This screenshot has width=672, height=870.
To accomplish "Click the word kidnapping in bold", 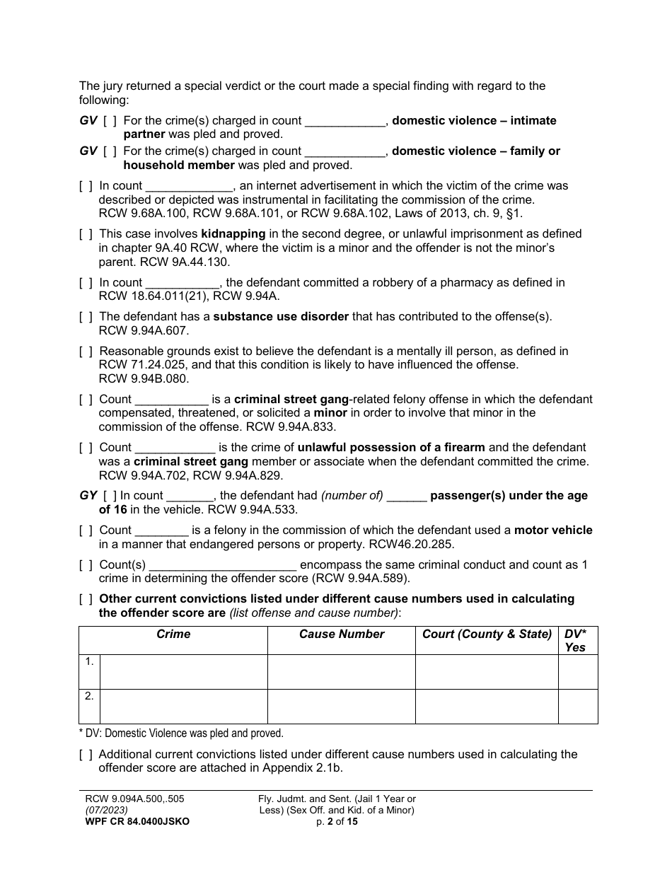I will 233,234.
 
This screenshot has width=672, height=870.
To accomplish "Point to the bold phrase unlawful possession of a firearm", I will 391,448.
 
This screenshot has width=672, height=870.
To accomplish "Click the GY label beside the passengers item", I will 88,496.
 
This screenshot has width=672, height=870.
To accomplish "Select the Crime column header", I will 173,634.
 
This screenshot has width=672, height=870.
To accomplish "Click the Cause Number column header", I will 342,634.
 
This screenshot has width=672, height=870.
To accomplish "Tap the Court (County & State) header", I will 487,634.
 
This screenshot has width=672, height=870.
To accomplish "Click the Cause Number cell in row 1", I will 342,671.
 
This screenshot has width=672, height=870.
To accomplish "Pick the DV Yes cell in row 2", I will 578,706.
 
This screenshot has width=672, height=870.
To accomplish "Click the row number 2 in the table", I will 89,697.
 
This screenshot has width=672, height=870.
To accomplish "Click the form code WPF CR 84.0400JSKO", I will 137,822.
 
